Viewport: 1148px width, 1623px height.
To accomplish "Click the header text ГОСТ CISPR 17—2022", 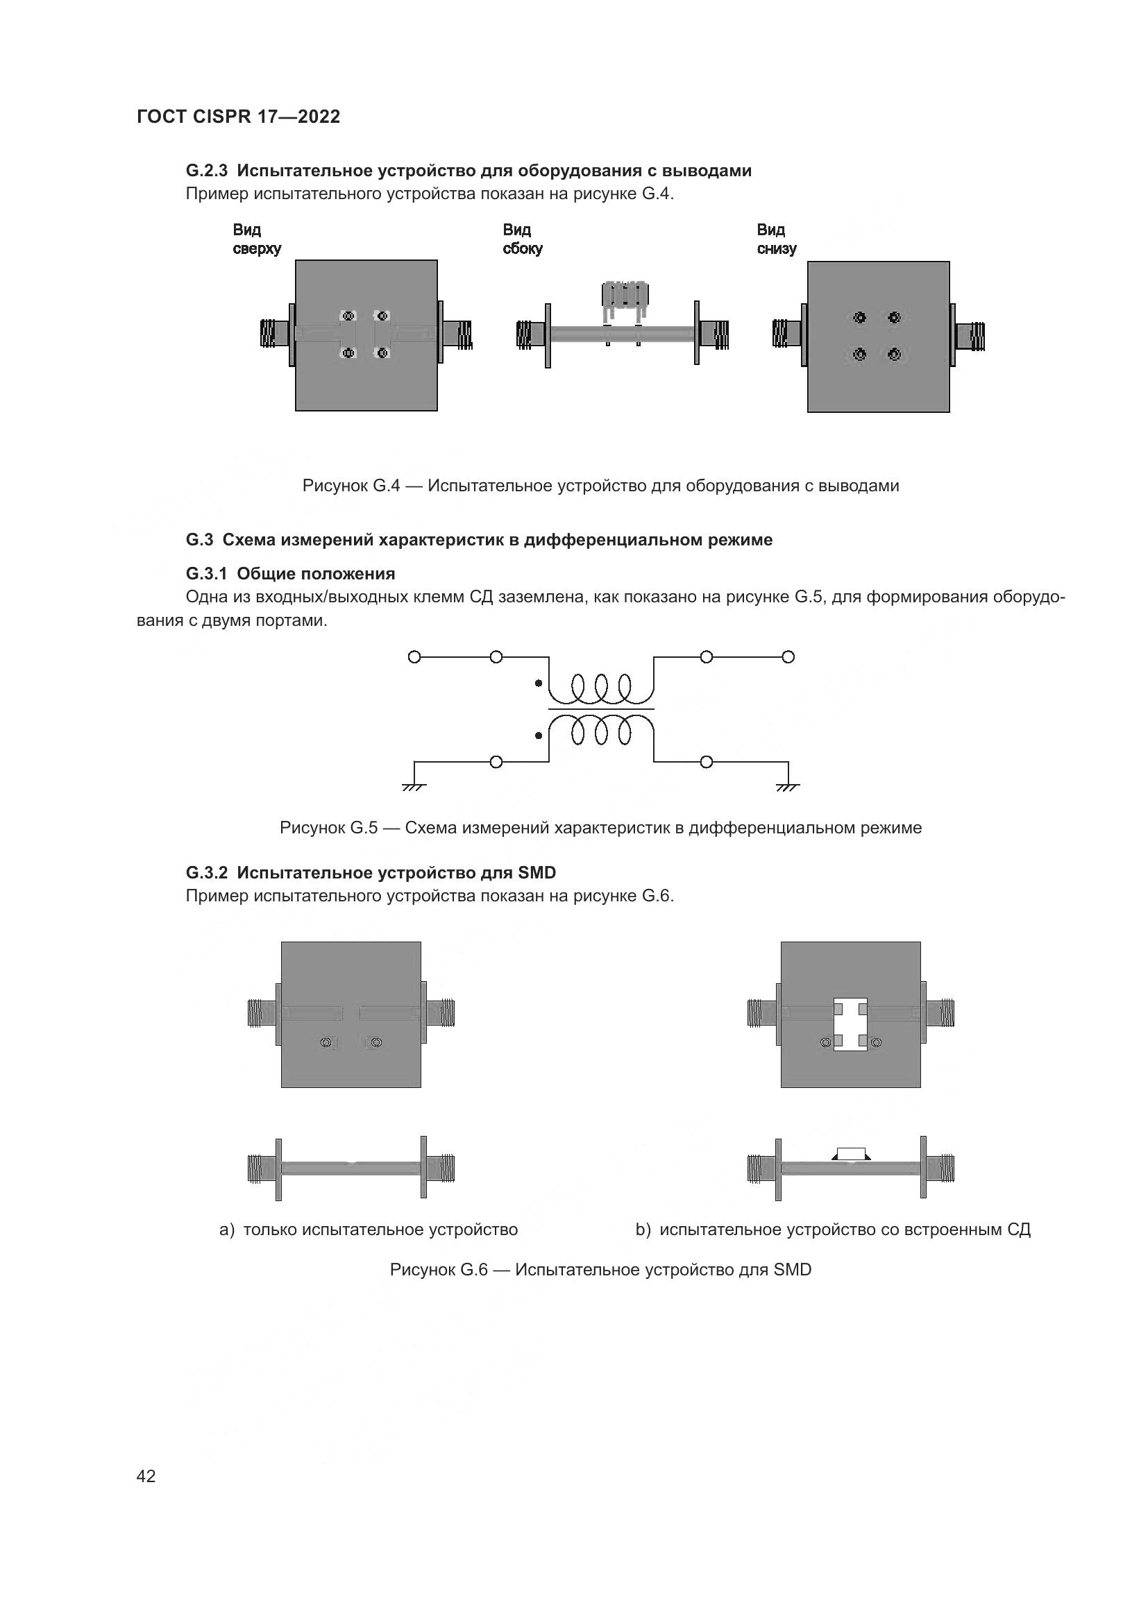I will point(238,117).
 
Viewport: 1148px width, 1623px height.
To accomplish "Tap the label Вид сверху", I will point(257,239).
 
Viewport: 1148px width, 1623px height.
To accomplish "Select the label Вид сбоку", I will point(523,239).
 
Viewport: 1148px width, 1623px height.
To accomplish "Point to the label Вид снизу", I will point(776,239).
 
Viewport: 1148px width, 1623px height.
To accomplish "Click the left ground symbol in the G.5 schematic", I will point(414,787).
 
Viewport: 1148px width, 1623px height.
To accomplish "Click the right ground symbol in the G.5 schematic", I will point(788,787).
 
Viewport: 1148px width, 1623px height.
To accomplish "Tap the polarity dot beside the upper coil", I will point(539,683).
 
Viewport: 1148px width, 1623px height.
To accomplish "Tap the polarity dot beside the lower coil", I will point(539,736).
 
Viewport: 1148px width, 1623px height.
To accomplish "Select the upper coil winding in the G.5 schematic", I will point(602,688).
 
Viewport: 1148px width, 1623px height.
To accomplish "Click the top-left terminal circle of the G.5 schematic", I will point(414,657).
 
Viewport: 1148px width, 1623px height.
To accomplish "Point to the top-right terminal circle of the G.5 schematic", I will point(788,657).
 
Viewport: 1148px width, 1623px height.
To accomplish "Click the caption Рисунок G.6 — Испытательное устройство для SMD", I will point(600,1270).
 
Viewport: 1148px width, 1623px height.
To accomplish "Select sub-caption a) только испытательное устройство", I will point(369,1230).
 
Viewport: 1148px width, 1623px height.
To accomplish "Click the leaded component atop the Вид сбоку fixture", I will point(623,296).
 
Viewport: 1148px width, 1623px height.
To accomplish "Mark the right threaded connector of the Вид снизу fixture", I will point(972,337).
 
